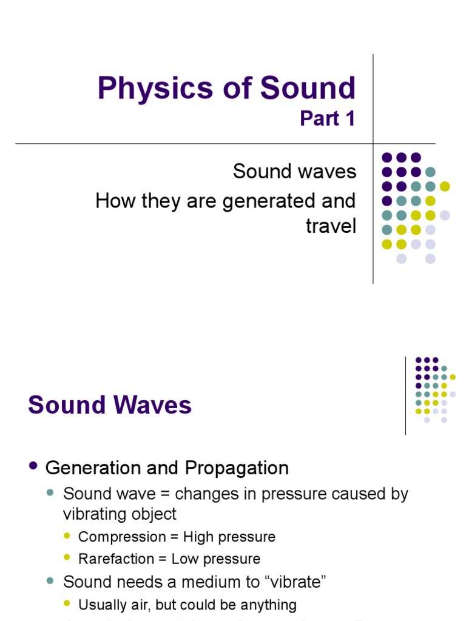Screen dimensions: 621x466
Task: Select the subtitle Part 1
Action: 327,118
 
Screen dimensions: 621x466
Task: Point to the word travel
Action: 331,226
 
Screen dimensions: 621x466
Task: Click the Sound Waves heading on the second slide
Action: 110,405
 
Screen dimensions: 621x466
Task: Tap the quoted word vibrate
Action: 295,582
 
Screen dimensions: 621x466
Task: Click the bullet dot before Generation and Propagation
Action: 33,466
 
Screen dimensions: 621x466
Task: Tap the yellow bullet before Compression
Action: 67,536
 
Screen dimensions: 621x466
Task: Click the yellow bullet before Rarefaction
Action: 67,558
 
